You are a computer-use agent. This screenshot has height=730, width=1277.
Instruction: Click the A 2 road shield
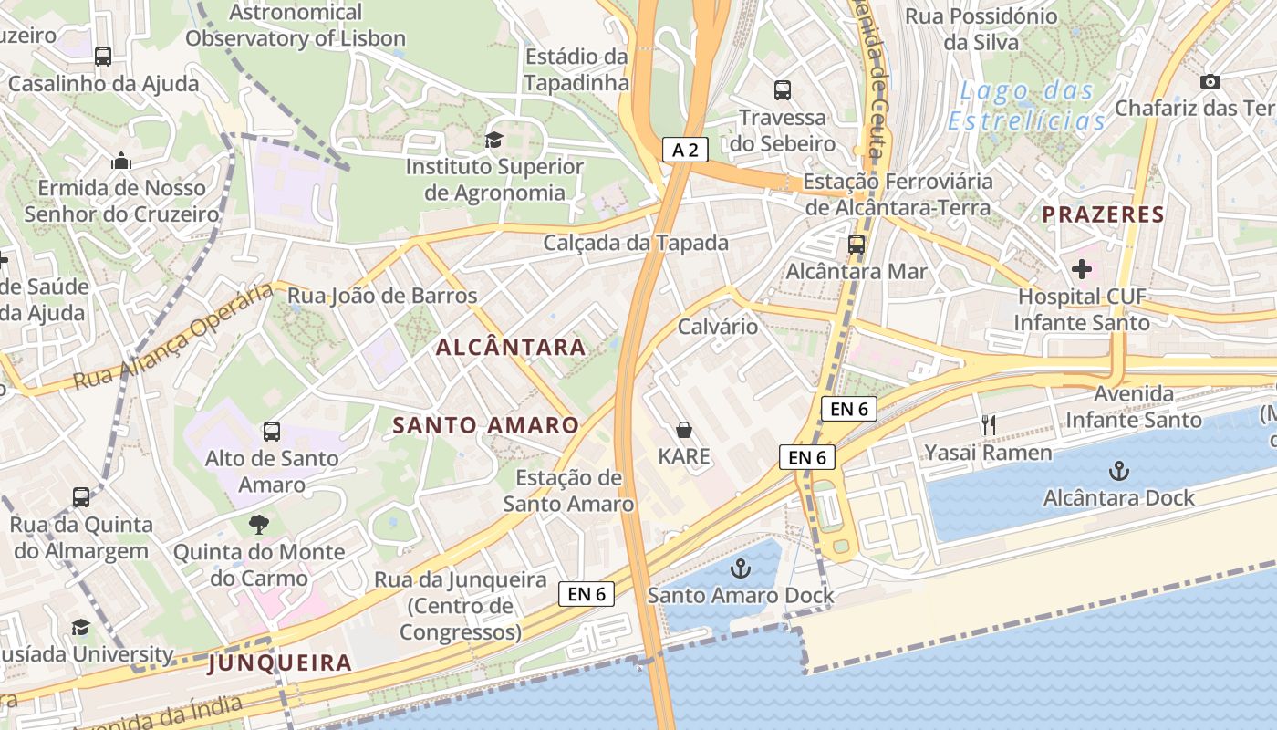(685, 150)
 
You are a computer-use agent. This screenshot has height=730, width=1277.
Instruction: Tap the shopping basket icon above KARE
(684, 429)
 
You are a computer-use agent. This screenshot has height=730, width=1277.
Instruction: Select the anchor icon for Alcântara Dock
(1118, 471)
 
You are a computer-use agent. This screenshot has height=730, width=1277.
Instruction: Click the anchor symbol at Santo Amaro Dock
(740, 568)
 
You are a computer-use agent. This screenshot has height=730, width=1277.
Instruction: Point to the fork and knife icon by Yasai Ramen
(988, 424)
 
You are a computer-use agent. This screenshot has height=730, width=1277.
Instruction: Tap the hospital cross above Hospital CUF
(1081, 269)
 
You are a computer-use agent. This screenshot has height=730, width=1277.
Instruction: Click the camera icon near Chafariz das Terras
(1210, 81)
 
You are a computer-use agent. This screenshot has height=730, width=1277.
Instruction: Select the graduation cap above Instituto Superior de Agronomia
(493, 140)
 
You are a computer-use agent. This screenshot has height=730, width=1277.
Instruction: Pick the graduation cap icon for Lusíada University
(80, 627)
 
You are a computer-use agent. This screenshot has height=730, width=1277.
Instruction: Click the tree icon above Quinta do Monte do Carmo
(259, 524)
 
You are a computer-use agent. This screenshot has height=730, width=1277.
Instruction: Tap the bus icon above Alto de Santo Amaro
(271, 431)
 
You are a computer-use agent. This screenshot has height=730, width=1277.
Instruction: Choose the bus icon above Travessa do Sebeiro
(783, 89)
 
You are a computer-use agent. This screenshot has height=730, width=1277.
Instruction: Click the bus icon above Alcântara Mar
(856, 244)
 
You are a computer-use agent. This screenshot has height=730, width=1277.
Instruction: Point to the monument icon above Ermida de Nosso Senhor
(121, 162)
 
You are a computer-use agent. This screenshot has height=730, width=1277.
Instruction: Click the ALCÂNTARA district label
(511, 347)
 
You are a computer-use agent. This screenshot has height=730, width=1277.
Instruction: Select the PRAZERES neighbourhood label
(1103, 214)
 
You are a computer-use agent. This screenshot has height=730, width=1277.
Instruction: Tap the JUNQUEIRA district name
(279, 662)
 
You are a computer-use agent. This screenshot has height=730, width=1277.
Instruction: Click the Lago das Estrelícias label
(1026, 106)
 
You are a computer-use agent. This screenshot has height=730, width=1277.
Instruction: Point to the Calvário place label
(718, 326)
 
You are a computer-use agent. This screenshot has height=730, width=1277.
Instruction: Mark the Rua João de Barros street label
(382, 296)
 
